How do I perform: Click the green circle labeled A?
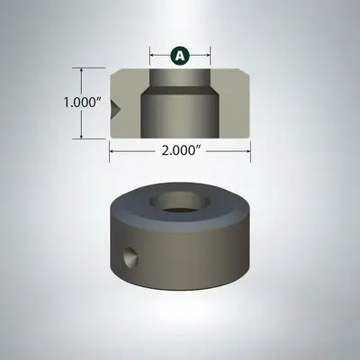[180, 56]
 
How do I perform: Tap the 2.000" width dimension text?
[180, 153]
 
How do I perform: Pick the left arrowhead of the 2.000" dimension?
[113, 153]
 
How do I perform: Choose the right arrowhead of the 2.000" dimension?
[247, 153]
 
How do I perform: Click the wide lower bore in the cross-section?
[180, 112]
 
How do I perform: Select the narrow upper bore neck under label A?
[180, 76]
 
